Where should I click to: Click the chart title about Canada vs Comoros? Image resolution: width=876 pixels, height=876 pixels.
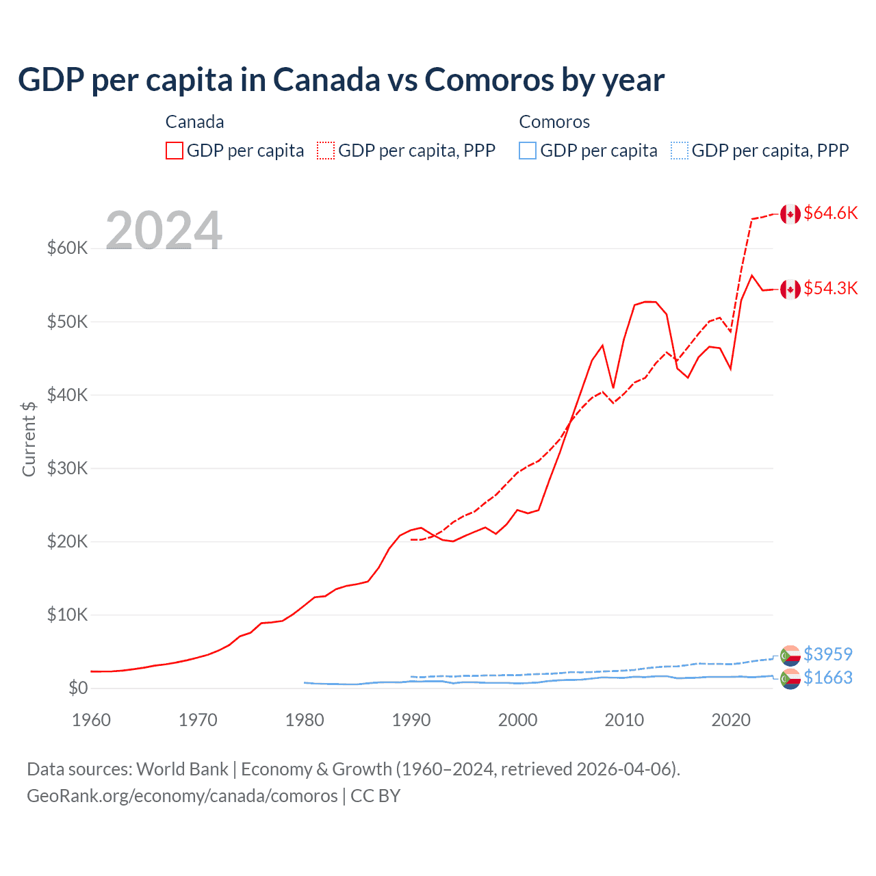pyautogui.click(x=341, y=79)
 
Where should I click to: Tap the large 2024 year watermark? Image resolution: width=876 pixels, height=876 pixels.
pyautogui.click(x=164, y=231)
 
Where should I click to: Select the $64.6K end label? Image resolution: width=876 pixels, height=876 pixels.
pyautogui.click(x=830, y=213)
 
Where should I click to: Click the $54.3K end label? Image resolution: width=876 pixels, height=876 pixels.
pyautogui.click(x=830, y=288)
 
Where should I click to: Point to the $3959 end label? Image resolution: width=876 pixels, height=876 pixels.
pyautogui.click(x=828, y=654)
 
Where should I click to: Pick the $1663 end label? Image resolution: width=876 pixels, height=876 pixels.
pyautogui.click(x=828, y=678)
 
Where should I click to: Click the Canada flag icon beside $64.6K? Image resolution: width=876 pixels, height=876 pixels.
pyautogui.click(x=790, y=214)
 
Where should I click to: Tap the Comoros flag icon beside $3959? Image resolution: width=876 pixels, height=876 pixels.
pyautogui.click(x=790, y=655)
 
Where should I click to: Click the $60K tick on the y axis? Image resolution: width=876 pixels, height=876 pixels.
pyautogui.click(x=67, y=248)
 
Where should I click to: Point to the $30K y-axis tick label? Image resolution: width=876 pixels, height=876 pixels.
pyautogui.click(x=67, y=468)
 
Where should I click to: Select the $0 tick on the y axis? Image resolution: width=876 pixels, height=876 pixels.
pyautogui.click(x=77, y=688)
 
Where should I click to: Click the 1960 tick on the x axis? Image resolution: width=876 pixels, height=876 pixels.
pyautogui.click(x=91, y=720)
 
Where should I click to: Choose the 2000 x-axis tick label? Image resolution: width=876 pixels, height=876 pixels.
pyautogui.click(x=517, y=720)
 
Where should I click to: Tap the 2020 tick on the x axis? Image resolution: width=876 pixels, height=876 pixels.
pyautogui.click(x=731, y=720)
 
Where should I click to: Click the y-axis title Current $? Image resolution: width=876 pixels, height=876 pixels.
pyautogui.click(x=29, y=439)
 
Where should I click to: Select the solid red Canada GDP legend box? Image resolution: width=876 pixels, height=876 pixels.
pyautogui.click(x=175, y=151)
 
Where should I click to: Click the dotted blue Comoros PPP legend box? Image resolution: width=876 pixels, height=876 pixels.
pyautogui.click(x=680, y=151)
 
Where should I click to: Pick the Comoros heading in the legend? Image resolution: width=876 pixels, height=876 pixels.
pyautogui.click(x=554, y=122)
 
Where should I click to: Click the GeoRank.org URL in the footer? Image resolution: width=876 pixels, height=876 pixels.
pyautogui.click(x=182, y=796)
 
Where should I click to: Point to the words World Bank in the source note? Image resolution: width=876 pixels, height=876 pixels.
pyautogui.click(x=182, y=769)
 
